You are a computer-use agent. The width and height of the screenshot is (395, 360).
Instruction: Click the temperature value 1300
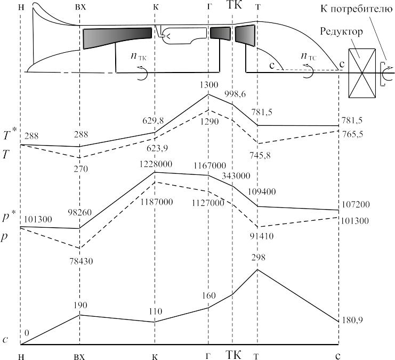click(x=208, y=85)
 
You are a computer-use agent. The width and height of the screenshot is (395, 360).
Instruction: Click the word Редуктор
click(x=342, y=32)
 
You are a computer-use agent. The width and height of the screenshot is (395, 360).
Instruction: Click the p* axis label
click(x=9, y=218)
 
